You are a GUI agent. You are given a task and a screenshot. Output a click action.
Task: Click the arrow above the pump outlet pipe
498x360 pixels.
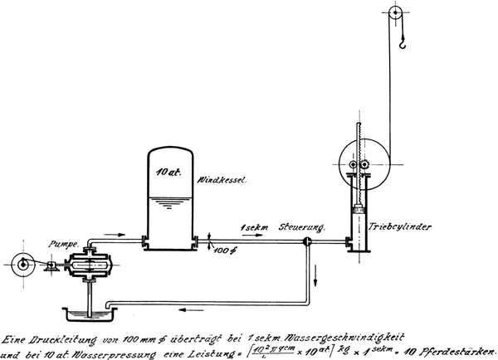121,235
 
